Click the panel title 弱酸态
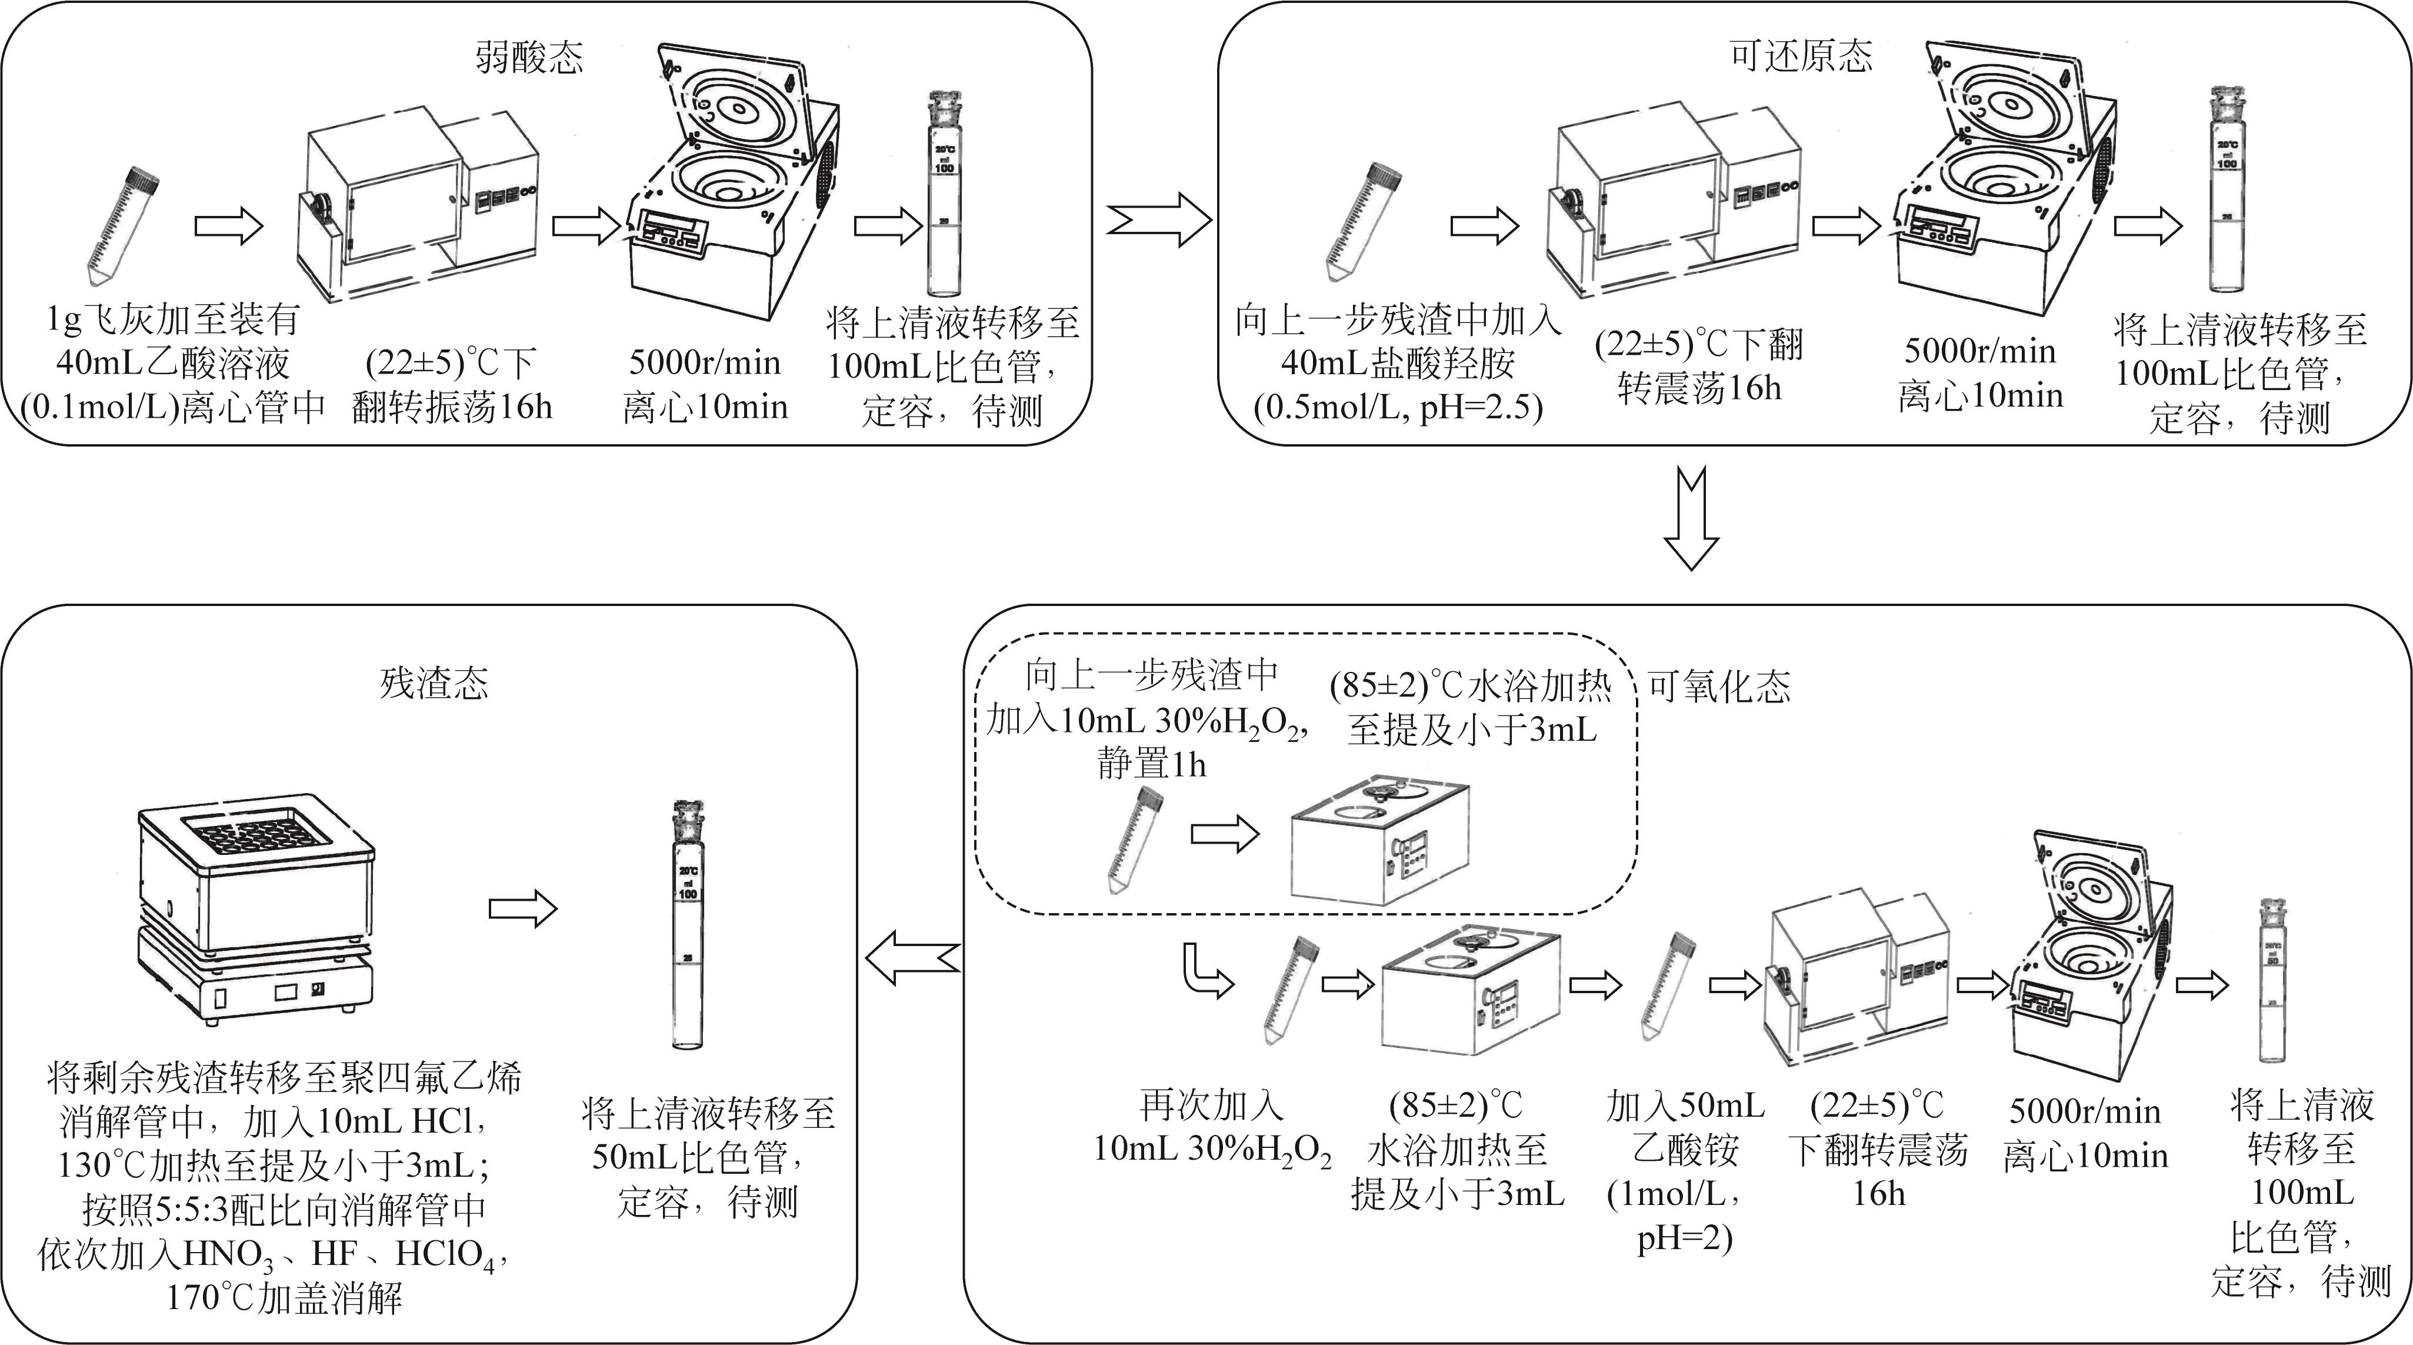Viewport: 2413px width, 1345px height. [529, 58]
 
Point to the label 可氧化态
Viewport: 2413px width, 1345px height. [1719, 687]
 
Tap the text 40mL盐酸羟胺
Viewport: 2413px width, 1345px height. [1398, 364]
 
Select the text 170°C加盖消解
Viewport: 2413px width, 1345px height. [284, 1298]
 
